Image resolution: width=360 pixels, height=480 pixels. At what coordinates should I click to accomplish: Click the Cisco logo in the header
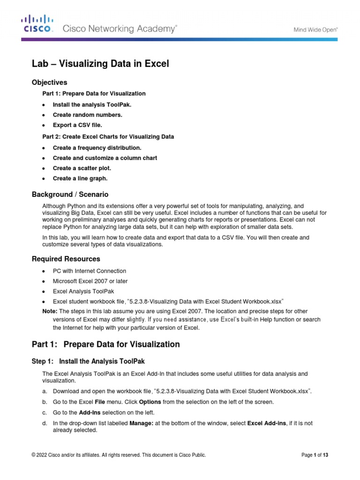[x=38, y=23]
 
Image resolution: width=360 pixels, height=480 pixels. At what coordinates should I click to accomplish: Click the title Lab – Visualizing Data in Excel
[x=100, y=64]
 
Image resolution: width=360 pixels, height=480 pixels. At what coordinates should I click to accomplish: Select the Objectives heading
[x=49, y=82]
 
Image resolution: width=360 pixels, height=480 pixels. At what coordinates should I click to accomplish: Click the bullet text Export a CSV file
[x=77, y=125]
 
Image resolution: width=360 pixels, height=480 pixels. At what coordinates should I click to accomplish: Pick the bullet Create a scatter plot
[x=82, y=168]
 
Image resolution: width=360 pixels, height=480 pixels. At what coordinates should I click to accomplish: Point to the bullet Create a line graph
[x=80, y=178]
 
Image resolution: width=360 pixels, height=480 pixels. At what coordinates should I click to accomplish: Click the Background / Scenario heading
[x=70, y=195]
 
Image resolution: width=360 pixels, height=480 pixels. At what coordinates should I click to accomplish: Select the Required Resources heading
[x=66, y=259]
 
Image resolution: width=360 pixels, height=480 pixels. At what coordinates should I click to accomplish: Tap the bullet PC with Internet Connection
[x=89, y=271]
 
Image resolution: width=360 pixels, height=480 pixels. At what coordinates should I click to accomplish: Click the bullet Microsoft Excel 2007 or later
[x=90, y=281]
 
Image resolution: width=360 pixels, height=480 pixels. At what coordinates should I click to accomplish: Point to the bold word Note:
[x=50, y=311]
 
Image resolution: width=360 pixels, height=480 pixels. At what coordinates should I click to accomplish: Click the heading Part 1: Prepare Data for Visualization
[x=105, y=344]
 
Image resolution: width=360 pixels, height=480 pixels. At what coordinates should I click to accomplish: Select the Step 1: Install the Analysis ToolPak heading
[x=88, y=361]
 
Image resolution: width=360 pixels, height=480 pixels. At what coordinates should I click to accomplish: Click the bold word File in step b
[x=100, y=402]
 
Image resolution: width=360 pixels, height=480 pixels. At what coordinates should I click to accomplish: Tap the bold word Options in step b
[x=150, y=402]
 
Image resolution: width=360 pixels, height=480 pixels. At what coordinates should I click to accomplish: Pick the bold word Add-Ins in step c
[x=90, y=412]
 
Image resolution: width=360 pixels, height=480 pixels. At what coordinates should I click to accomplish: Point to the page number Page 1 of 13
[x=314, y=455]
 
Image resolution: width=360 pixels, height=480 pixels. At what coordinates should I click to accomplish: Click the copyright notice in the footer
[x=118, y=455]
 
